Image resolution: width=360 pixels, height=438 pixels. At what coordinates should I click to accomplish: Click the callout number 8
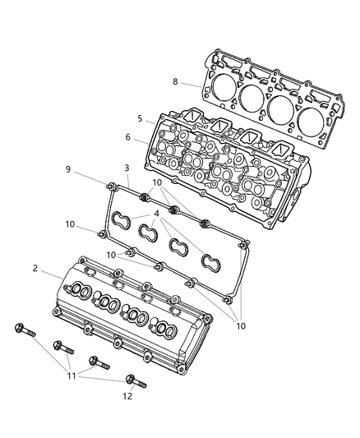click(x=175, y=81)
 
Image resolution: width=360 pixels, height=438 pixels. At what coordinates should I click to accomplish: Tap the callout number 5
click(x=140, y=119)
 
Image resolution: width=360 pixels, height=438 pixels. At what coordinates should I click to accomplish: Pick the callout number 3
click(x=127, y=169)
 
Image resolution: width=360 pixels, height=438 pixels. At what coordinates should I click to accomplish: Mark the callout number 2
click(x=35, y=269)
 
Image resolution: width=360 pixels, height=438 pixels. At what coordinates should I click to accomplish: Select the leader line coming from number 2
click(x=51, y=274)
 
